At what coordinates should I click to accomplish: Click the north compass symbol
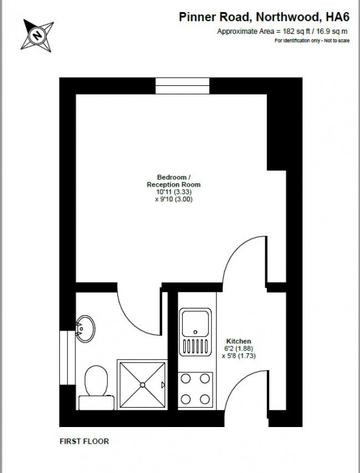[x=38, y=35]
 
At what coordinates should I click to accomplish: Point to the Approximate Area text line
[x=282, y=32]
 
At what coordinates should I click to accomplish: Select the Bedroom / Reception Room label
[x=173, y=181]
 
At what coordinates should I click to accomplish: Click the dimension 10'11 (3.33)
[x=173, y=192]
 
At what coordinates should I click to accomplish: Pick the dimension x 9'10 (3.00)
[x=173, y=199]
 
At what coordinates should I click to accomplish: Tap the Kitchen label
[x=239, y=341]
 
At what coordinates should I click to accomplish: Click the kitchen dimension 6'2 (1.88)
[x=239, y=349]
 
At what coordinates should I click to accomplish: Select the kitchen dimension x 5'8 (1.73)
[x=239, y=357]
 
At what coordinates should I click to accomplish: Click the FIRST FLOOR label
[x=84, y=441]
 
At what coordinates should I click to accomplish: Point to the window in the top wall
[x=182, y=86]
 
